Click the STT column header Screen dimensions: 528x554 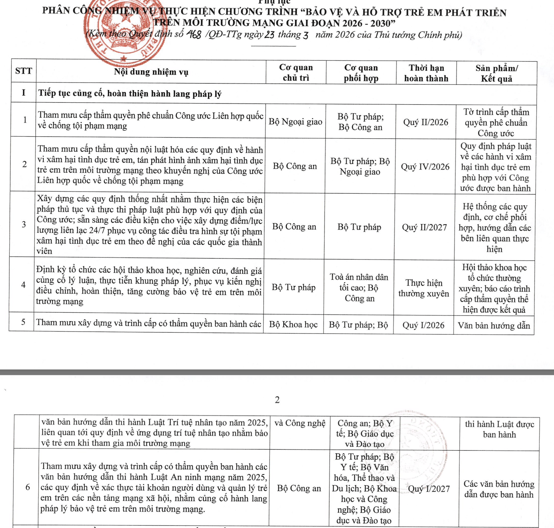(24, 71)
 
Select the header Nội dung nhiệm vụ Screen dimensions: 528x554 (151, 72)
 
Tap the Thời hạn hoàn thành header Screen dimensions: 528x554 (426, 73)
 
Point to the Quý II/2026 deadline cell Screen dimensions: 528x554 (426, 122)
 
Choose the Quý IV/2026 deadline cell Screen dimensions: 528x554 (425, 167)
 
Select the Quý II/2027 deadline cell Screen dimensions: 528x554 (424, 227)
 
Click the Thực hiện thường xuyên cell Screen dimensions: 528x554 (424, 288)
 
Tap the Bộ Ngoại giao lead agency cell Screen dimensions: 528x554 (295, 122)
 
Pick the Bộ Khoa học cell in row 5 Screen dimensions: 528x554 (293, 324)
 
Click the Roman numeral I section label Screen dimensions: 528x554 (24, 93)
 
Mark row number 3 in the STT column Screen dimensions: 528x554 (24, 224)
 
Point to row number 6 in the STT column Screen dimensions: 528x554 (28, 487)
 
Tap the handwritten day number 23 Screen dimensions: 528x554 (269, 35)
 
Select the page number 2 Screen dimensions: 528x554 (277, 400)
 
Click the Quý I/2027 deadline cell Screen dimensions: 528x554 (429, 489)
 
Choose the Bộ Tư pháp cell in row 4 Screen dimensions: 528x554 (293, 288)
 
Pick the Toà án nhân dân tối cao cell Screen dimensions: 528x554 (359, 288)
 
